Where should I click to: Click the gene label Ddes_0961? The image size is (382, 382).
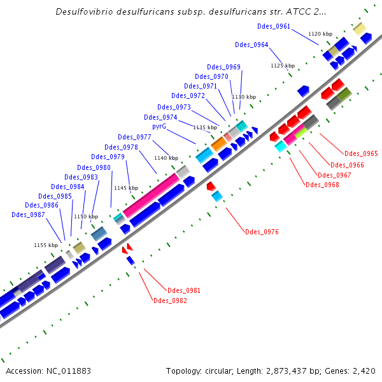274,26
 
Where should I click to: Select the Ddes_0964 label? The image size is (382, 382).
251,45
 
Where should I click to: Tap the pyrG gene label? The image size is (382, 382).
159,127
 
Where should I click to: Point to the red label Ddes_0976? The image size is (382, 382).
262,232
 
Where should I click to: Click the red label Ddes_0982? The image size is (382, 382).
170,301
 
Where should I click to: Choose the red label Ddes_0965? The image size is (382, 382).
361,154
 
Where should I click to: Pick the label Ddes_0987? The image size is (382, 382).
28,215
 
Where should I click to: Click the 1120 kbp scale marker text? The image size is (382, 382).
320,34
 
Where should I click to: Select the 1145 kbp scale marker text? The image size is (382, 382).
125,188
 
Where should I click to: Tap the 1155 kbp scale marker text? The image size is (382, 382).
46,245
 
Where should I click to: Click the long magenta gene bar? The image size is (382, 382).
151,196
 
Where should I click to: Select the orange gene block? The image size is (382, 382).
218,144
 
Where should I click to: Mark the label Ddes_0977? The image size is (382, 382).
134,137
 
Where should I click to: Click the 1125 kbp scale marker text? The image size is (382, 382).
283,66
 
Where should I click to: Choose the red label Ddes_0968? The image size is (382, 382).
322,185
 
